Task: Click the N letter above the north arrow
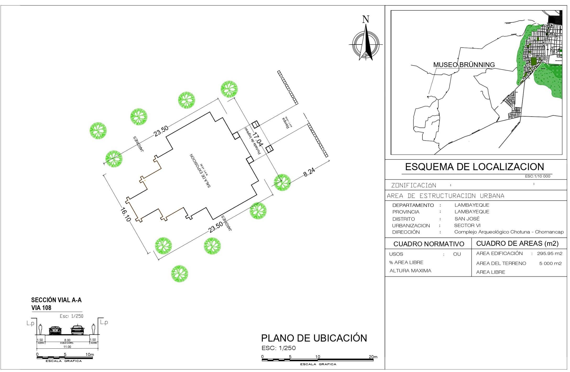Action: (x=366, y=20)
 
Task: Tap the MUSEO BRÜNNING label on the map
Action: (x=464, y=65)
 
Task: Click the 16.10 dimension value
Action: (x=126, y=215)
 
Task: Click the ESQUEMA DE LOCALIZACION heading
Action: (x=474, y=167)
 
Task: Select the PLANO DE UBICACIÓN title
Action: (x=314, y=338)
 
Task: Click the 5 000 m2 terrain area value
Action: (x=550, y=263)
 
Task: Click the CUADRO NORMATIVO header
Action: (x=429, y=244)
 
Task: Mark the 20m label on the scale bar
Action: (x=373, y=357)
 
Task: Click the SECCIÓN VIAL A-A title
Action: (x=56, y=300)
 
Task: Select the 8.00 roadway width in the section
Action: (x=67, y=340)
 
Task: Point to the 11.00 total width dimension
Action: (x=67, y=347)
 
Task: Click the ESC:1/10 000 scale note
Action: (x=538, y=176)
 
